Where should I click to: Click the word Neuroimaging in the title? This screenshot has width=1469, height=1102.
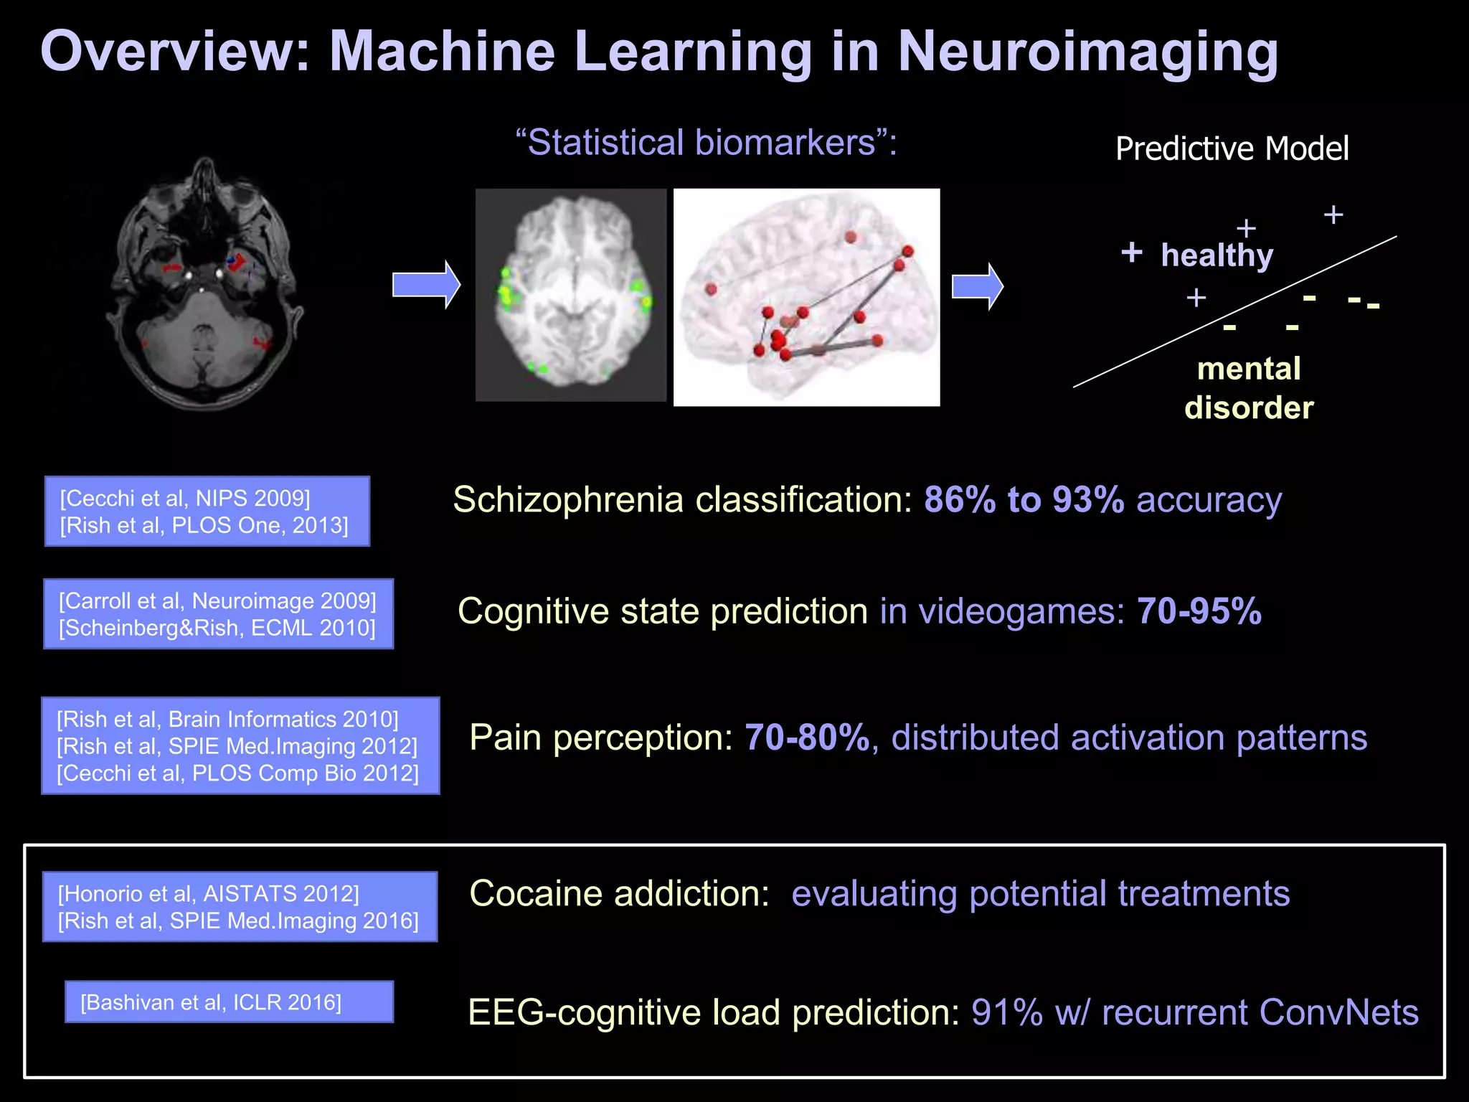(1087, 53)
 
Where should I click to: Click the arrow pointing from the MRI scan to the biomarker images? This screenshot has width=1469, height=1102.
(426, 285)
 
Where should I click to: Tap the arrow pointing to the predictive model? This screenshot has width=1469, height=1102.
(977, 286)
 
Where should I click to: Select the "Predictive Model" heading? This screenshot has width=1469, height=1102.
(1232, 149)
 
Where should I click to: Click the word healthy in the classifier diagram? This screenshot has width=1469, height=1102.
(1217, 255)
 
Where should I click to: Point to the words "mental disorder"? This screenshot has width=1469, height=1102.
(1249, 388)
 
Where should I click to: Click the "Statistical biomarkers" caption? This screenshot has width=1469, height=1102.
(707, 143)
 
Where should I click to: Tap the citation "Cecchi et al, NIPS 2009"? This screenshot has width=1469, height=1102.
(185, 498)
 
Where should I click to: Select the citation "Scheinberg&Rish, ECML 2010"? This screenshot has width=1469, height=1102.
(217, 628)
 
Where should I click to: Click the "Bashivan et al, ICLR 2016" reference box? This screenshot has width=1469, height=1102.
(229, 1002)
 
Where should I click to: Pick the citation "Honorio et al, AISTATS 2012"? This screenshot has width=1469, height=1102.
(208, 893)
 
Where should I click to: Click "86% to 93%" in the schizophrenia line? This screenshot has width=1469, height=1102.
(1024, 500)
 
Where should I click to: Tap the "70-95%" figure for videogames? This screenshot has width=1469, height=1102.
(1199, 611)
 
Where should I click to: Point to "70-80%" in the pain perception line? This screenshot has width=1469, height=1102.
(807, 738)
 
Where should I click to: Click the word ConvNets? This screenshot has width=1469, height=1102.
(1338, 1012)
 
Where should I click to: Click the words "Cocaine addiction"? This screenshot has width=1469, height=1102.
(619, 894)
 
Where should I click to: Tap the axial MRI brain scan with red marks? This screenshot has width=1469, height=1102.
(205, 283)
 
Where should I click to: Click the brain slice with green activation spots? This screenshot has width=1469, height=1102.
(571, 295)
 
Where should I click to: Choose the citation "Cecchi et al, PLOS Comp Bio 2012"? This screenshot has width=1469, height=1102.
(237, 773)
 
